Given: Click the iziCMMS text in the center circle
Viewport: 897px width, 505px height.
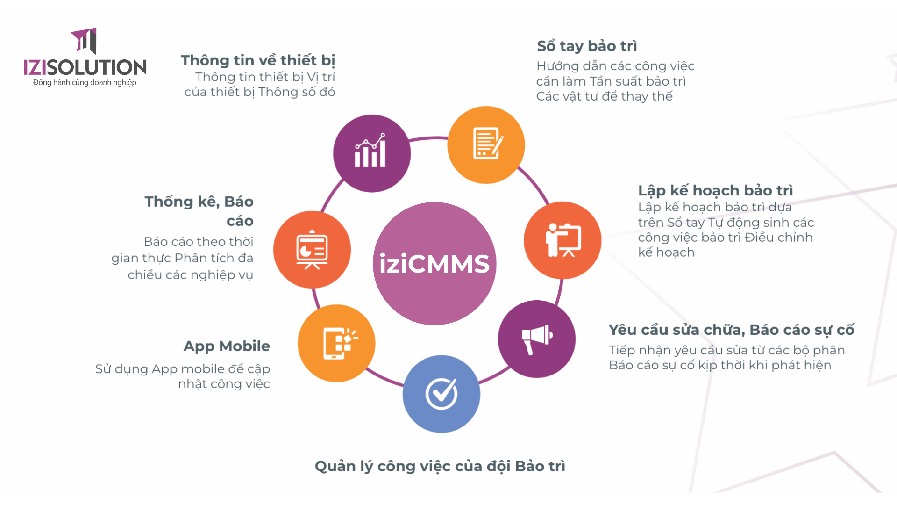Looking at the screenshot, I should pyautogui.click(x=434, y=264).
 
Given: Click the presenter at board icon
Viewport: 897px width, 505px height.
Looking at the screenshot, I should pyautogui.click(x=563, y=240).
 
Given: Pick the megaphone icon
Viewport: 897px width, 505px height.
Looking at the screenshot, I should pyautogui.click(x=537, y=339).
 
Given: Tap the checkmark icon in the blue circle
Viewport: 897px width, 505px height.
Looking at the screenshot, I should pyautogui.click(x=441, y=393).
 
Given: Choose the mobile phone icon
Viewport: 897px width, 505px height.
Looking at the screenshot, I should pyautogui.click(x=338, y=343).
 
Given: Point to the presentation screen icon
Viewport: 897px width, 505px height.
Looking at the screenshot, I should pyautogui.click(x=312, y=250).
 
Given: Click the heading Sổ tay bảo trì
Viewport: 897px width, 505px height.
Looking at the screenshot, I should pyautogui.click(x=587, y=46).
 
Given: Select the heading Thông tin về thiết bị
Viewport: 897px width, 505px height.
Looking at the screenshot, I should pyautogui.click(x=258, y=60).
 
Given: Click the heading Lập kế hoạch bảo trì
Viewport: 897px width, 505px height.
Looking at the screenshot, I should pyautogui.click(x=715, y=190).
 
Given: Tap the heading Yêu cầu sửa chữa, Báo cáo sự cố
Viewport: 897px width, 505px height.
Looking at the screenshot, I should pyautogui.click(x=731, y=330).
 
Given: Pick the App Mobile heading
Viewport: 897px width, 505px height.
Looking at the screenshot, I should pyautogui.click(x=227, y=346).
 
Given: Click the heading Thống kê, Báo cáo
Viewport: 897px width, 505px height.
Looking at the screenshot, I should pyautogui.click(x=199, y=210).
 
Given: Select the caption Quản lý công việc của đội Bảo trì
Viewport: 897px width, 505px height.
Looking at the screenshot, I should pyautogui.click(x=440, y=466).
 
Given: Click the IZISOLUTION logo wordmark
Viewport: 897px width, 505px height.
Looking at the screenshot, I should pyautogui.click(x=85, y=67).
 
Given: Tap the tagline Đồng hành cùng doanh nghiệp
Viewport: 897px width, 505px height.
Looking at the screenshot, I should pyautogui.click(x=85, y=83).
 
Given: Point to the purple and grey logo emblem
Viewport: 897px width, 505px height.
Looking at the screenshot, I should pyautogui.click(x=85, y=41).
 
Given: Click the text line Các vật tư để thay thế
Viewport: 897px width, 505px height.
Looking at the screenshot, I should pyautogui.click(x=604, y=96).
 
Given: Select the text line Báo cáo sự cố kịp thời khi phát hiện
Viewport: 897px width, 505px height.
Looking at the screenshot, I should pyautogui.click(x=720, y=365).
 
